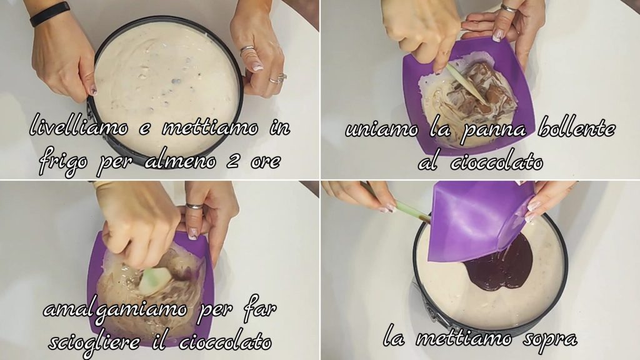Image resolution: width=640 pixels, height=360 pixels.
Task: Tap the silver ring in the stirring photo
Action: [194, 206]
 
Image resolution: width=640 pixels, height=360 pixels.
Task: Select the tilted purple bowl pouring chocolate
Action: [482, 221]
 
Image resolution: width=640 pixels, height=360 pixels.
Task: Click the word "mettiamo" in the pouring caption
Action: [464, 338]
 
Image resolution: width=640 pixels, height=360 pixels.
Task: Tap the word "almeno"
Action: [181, 161]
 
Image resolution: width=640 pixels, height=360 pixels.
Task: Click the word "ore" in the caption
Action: [266, 162]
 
